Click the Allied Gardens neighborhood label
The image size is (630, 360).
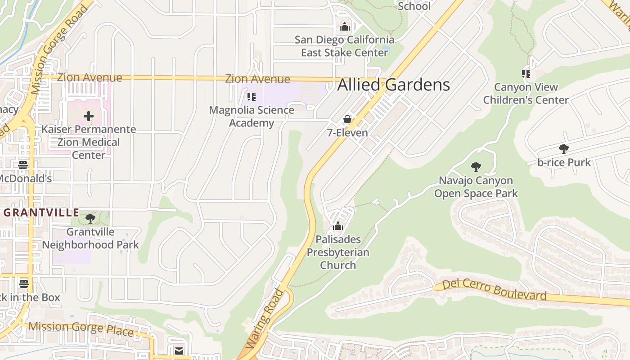click(394, 85)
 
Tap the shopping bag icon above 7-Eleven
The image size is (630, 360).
click(347, 119)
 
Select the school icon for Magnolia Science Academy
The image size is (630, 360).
click(252, 96)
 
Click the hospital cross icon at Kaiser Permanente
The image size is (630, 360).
click(89, 116)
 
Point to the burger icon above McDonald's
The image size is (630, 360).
click(23, 165)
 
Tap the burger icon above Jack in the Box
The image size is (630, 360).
click(24, 284)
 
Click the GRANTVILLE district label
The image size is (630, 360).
click(42, 212)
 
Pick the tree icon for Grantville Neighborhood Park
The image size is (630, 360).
click(90, 219)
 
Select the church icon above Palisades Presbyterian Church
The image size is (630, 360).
click(338, 226)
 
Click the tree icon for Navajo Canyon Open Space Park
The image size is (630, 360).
click(476, 167)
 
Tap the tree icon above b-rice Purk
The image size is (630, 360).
click(563, 149)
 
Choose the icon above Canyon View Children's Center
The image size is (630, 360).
click(526, 73)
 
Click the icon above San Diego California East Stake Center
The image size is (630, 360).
click(345, 27)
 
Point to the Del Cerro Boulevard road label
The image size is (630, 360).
click(494, 290)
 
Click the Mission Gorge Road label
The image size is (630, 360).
click(57, 49)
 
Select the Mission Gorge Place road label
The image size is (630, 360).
click(81, 328)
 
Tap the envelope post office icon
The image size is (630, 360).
click(179, 351)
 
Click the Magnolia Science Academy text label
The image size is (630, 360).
click(252, 116)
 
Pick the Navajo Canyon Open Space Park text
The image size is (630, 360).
click(476, 187)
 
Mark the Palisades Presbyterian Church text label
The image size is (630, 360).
click(338, 252)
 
